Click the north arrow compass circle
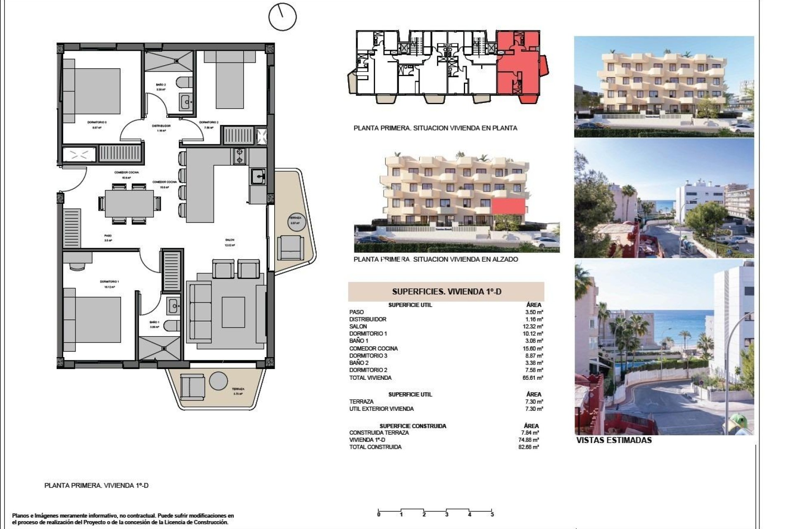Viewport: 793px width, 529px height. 283,17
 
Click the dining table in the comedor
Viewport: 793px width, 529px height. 129,203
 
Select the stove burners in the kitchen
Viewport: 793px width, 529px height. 239,156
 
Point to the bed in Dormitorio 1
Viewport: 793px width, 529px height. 93,321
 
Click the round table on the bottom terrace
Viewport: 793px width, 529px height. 218,381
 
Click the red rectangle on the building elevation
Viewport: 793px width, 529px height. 508,206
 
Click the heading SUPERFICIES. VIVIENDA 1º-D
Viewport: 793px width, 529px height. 446,292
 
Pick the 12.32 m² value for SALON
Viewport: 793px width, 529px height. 534,326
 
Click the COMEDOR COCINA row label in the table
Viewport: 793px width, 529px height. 373,348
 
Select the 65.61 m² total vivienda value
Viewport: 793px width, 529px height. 534,378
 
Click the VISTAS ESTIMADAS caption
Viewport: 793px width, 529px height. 614,440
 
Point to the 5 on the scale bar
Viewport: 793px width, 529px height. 492,515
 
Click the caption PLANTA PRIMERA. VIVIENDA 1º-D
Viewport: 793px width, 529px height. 96,486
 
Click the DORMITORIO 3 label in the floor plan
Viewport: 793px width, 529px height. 97,122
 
